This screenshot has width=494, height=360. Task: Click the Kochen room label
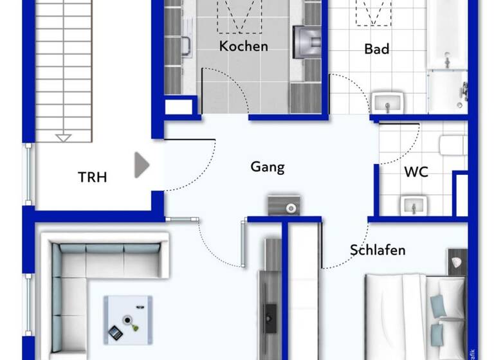click(243, 46)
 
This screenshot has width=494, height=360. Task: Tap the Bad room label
click(376, 49)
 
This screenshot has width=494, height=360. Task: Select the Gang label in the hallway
click(267, 167)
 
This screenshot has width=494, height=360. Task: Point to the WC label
click(416, 172)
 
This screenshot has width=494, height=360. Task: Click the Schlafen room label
click(378, 249)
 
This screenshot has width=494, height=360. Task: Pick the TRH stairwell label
click(93, 177)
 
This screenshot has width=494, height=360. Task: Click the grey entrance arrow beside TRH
click(142, 165)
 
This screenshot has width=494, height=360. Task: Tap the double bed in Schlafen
click(415, 312)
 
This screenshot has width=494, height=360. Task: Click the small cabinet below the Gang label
click(284, 205)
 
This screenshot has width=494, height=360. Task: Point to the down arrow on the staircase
click(63, 137)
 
